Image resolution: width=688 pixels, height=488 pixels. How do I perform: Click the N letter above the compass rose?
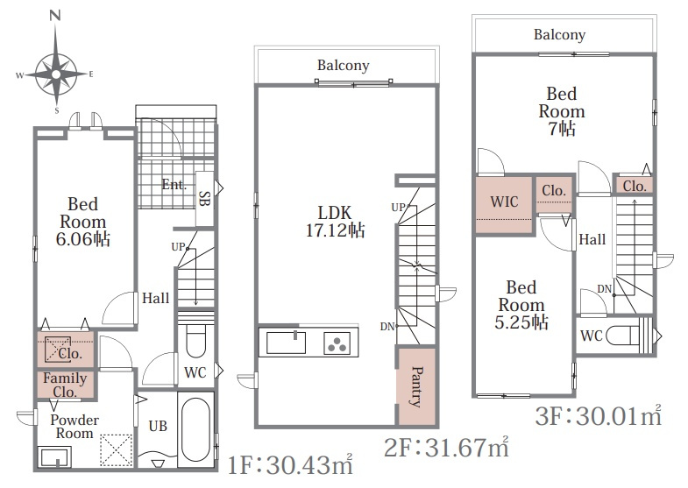pos(55,16)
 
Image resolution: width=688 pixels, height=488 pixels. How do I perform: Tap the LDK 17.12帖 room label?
pos(335,222)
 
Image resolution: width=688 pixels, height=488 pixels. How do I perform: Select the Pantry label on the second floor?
pos(417,386)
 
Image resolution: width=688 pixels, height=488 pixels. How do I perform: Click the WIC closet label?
pos(504,202)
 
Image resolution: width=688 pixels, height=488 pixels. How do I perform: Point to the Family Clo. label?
pos(65,385)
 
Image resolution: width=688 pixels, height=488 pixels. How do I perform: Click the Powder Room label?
pos(74,427)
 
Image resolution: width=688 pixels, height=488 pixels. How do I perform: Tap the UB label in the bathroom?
pos(158,426)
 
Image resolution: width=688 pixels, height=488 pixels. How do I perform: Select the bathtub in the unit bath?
pos(195,429)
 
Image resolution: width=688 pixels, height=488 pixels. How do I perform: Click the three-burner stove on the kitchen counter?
pos(337,343)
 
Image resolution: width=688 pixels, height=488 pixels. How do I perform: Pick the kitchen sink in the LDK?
pos(286,343)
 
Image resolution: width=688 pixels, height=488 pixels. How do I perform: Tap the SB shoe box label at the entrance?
pos(204,198)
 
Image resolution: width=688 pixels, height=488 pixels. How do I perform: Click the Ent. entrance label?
pos(174,185)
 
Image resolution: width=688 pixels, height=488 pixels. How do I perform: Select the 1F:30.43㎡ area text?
pos(290,464)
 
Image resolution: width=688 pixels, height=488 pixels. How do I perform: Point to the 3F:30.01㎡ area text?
pos(599,415)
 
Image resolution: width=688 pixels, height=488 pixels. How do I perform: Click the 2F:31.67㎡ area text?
pos(446,447)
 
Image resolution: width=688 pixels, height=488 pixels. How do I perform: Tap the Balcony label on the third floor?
pos(559,35)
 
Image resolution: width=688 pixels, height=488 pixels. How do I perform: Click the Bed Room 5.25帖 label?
pos(521,305)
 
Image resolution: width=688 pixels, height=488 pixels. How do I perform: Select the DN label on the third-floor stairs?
pos(604,289)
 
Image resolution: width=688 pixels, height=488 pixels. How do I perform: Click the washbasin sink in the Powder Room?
pos(55,457)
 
